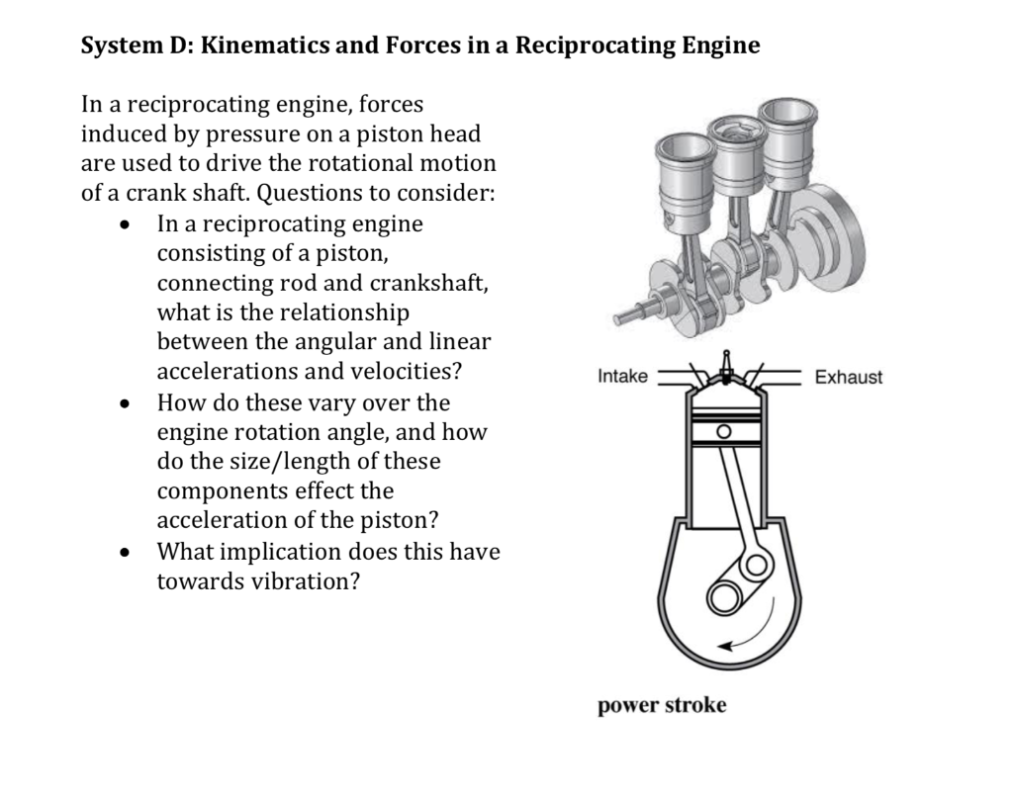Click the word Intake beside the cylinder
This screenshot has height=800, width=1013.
click(x=622, y=377)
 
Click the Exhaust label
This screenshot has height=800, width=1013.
click(x=848, y=377)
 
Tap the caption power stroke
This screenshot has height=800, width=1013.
click(x=662, y=705)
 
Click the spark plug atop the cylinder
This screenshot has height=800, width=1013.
click(x=727, y=368)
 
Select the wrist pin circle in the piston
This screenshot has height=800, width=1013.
click(x=723, y=432)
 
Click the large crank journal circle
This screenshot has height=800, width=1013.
click(x=725, y=597)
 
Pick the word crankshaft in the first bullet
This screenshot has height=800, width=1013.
click(x=428, y=283)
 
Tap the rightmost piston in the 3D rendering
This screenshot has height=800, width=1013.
click(x=786, y=133)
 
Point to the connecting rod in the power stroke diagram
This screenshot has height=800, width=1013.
click(x=737, y=504)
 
